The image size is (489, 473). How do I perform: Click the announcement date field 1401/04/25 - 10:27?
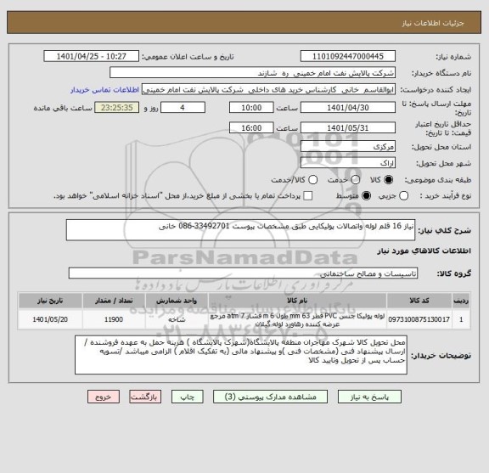pyautogui.click(x=94, y=57)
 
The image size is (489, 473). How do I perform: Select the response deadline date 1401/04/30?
pyautogui.click(x=341, y=108)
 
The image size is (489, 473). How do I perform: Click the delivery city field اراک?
pyautogui.click(x=341, y=161)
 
